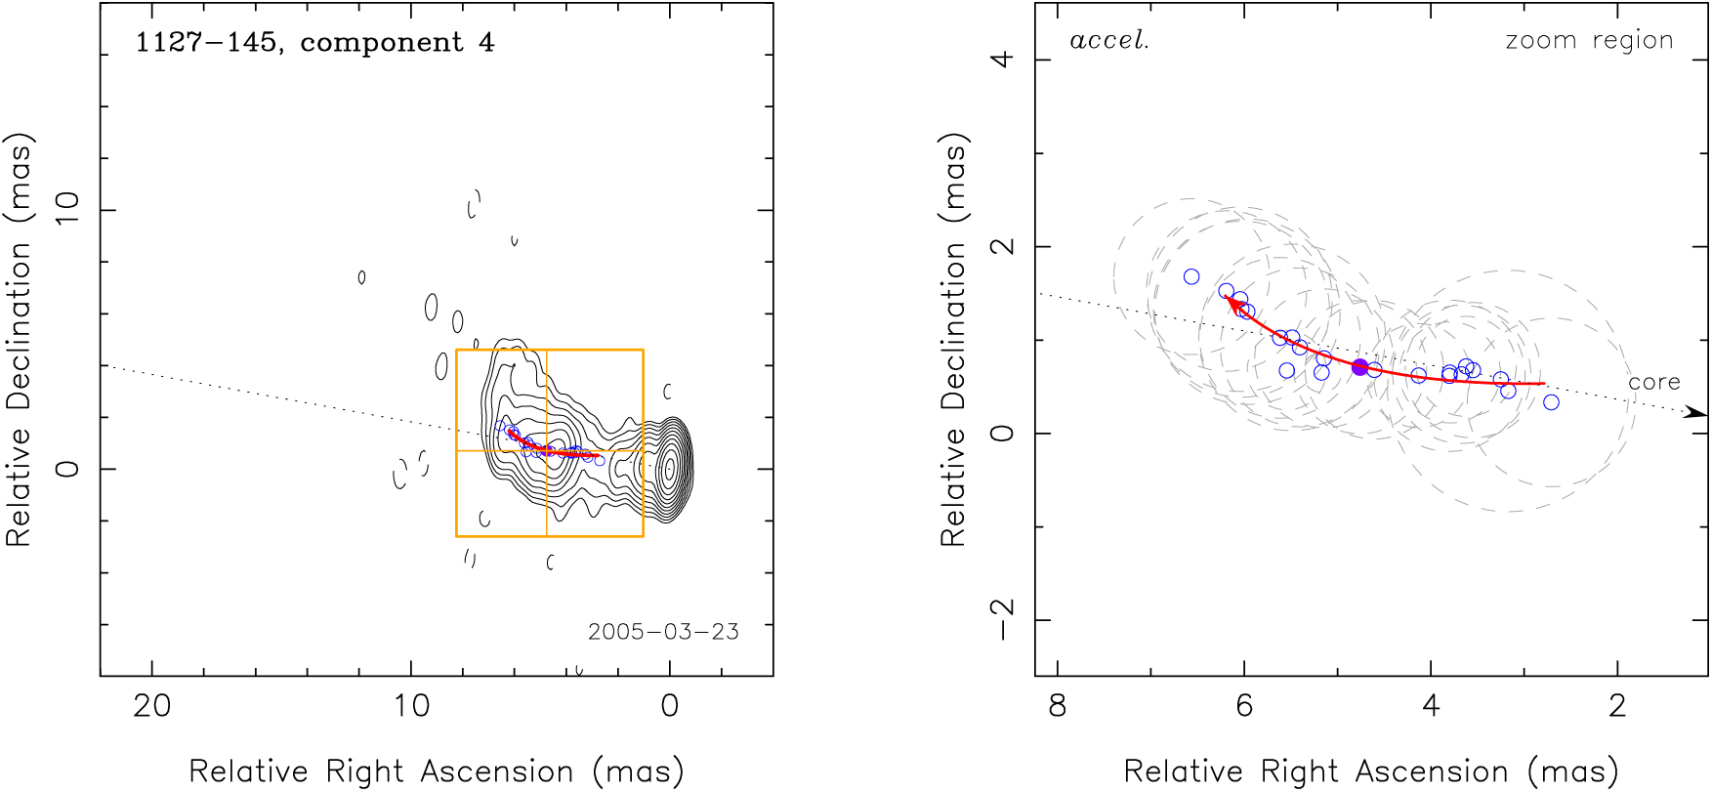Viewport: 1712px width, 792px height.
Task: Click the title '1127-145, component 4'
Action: [x=314, y=43]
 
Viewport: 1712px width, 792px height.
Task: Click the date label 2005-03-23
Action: [x=663, y=632]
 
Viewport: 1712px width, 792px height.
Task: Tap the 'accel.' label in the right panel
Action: [x=1109, y=41]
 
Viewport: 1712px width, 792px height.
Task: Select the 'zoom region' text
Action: [x=1589, y=41]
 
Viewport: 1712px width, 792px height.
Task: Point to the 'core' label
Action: [x=1653, y=382]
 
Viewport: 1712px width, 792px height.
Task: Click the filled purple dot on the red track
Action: [x=1359, y=367]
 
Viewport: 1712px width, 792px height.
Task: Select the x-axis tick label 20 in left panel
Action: [x=151, y=705]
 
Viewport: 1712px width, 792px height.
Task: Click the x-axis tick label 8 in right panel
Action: [x=1058, y=705]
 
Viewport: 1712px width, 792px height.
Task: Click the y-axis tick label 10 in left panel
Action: [x=67, y=209]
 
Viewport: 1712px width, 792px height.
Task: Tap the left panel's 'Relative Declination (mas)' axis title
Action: [x=20, y=339]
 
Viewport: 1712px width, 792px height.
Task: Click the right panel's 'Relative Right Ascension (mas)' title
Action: [x=1371, y=771]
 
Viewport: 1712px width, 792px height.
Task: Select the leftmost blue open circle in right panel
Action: [x=1191, y=277]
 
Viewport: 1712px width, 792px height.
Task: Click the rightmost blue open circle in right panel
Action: [x=1551, y=402]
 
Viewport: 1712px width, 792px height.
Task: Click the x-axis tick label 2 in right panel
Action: [x=1618, y=705]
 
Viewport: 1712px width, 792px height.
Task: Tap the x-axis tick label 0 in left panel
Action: [x=669, y=705]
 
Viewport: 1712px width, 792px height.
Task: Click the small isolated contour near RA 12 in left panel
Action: [x=361, y=277]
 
